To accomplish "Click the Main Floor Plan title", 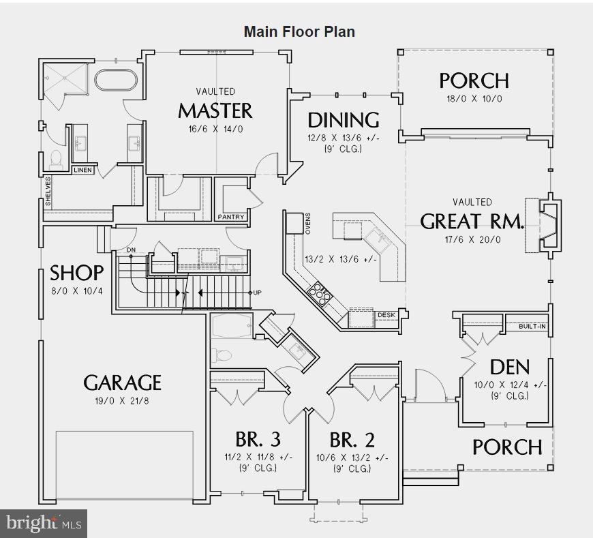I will [x=299, y=31].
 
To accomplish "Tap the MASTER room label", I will [x=215, y=110].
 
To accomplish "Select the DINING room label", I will [x=344, y=120].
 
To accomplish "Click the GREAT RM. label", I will [x=472, y=222].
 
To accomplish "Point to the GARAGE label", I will [x=123, y=383].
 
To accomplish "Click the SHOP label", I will [x=77, y=273].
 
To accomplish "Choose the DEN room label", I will [x=509, y=367].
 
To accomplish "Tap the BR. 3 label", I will [x=258, y=439].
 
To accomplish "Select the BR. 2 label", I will [x=352, y=439].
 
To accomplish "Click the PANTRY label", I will [x=230, y=217].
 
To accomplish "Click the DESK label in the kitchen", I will [x=386, y=314].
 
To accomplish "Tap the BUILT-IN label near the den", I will [x=532, y=327].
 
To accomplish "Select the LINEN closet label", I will [x=82, y=170].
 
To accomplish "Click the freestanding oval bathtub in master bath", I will [x=116, y=80].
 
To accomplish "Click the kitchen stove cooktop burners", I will [x=318, y=294].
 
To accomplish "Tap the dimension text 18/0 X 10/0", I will [x=474, y=99].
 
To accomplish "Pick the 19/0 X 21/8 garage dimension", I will [x=122, y=401].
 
